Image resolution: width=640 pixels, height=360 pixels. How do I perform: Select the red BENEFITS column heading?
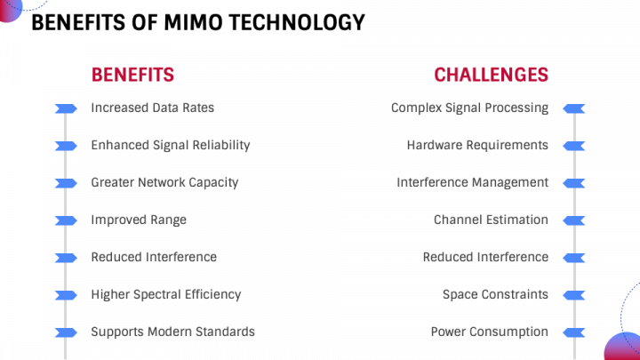(x=132, y=75)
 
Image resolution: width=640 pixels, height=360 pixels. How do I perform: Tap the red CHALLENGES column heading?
(x=491, y=75)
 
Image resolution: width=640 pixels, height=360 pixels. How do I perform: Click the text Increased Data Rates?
(x=152, y=108)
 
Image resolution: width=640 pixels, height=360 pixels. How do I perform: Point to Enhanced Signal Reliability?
(x=170, y=145)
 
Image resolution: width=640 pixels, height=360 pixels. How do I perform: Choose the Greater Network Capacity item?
(x=164, y=182)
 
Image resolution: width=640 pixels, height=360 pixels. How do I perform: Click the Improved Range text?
(x=139, y=220)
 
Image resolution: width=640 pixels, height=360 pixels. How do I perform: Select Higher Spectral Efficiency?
(x=165, y=294)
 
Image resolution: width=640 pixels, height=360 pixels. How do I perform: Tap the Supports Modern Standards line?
(x=172, y=332)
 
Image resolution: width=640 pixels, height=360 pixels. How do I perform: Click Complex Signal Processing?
(x=469, y=108)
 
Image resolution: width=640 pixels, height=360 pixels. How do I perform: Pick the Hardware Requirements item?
(x=477, y=145)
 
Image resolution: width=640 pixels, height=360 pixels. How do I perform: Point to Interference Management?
(x=472, y=182)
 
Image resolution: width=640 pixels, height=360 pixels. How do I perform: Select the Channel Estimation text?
(x=491, y=220)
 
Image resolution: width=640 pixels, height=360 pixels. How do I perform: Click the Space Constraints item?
(x=495, y=294)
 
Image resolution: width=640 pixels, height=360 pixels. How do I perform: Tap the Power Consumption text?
(x=489, y=332)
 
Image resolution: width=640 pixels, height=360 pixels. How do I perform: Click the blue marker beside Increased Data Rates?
(x=66, y=108)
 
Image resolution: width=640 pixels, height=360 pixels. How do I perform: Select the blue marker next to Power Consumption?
(x=574, y=332)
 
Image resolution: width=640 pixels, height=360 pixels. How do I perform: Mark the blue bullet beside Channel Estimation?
(x=574, y=220)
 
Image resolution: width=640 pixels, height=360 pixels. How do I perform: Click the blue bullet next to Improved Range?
(x=66, y=220)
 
